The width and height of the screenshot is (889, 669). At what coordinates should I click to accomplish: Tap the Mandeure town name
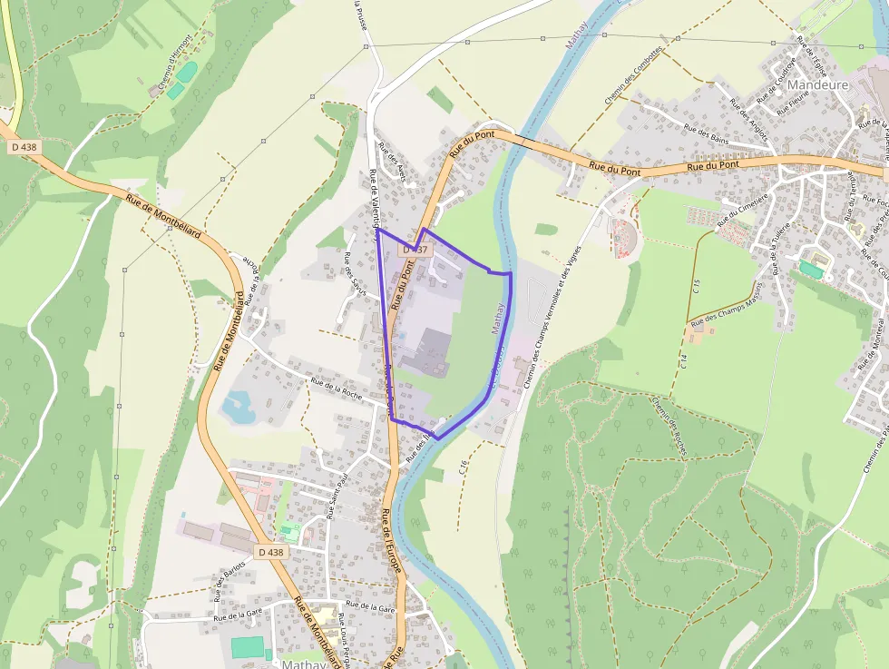[x=811, y=85]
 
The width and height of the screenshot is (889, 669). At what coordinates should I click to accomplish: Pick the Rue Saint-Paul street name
[x=337, y=495]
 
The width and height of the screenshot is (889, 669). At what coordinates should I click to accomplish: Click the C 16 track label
[x=464, y=468]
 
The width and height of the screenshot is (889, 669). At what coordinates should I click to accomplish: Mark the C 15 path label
[x=697, y=290]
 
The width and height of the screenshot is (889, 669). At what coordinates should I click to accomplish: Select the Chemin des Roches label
[x=669, y=426]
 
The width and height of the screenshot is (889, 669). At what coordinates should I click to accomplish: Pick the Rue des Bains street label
[x=707, y=135]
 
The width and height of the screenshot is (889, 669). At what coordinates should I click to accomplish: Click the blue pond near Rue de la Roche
[x=237, y=406]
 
